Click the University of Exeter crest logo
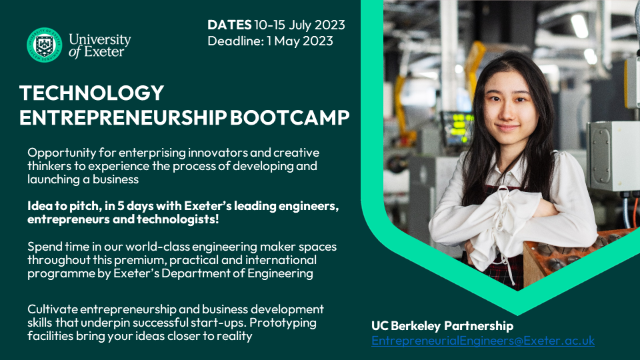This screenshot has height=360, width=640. tap(45, 45)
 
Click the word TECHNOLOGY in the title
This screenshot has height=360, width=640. tap(91, 93)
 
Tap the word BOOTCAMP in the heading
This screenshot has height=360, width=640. tap(290, 117)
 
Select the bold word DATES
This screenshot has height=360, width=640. tap(229, 25)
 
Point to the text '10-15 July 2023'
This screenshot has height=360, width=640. tap(299, 25)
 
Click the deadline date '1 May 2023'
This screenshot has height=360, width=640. tap(300, 41)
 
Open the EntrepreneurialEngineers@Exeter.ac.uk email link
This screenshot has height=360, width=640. tap(483, 341)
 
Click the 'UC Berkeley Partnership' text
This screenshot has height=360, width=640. tap(443, 326)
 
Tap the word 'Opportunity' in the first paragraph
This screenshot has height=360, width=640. tap(61, 153)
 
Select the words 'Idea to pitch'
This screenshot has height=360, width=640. tap(65, 206)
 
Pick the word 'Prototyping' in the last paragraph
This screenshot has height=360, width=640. tap(283, 323)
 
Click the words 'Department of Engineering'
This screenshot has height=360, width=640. tap(237, 273)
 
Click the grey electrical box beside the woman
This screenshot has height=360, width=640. tap(612, 156)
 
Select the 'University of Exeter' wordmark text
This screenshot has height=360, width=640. tap(99, 45)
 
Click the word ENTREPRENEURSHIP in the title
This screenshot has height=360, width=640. tap(123, 117)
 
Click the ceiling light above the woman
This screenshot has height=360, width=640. tap(579, 26)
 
